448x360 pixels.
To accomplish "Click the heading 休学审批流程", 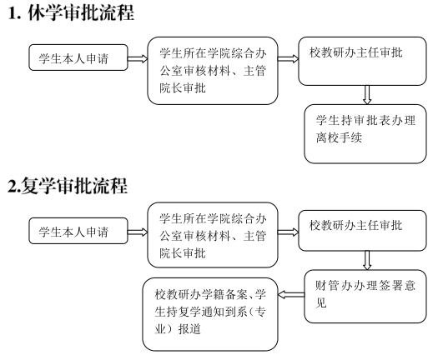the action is pos(81,12).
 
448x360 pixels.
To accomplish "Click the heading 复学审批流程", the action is pos(74,186).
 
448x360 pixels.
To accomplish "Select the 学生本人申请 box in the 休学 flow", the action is pos(78,57).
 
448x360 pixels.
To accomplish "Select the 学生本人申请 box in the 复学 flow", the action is pos(78,231).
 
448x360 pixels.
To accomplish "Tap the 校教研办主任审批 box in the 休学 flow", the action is pos(362,61).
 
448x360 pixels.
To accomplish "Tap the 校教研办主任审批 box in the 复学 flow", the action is pos(362,231).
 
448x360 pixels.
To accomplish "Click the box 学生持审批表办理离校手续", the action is pos(365,134).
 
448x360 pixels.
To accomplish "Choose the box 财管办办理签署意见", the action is pos(365,297).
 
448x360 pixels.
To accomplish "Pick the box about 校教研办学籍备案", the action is pos(210,314).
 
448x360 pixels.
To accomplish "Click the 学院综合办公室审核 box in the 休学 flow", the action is pos(213,71).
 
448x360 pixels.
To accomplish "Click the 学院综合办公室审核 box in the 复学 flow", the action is pos(213,235).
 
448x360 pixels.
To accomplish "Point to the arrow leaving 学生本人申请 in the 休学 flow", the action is pos(138,59).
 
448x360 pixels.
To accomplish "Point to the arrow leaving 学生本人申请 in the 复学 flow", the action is pos(138,232).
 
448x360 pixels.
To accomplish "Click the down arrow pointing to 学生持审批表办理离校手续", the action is pos(367,95).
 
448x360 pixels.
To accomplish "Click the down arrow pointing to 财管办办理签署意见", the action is pos(367,260).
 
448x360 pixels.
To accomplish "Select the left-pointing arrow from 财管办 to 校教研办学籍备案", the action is pos(291,295).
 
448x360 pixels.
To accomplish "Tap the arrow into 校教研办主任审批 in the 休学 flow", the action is pos(289,59).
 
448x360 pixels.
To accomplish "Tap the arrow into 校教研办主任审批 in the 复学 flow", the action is pos(289,232).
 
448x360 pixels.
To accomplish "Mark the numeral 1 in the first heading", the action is pos(12,13).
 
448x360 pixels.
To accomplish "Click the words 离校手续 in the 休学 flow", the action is pos(340,137).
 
